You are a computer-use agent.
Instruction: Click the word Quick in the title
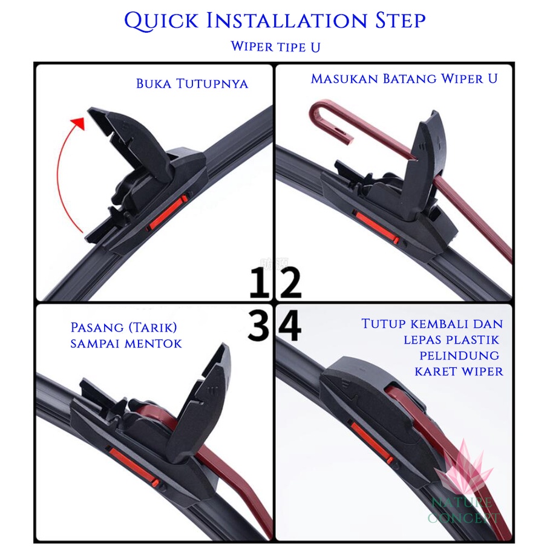pyautogui.click(x=162, y=21)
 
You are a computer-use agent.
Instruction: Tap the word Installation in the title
pyautogui.click(x=287, y=21)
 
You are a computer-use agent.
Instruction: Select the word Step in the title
pyautogui.click(x=400, y=21)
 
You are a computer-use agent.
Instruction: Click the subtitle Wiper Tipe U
pyautogui.click(x=275, y=47)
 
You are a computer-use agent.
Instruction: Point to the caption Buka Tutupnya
pyautogui.click(x=192, y=84)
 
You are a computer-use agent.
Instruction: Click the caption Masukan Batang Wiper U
pyautogui.click(x=404, y=79)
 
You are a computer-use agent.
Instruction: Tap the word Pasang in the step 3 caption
pyautogui.click(x=97, y=327)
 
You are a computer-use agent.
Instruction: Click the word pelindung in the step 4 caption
pyautogui.click(x=459, y=356)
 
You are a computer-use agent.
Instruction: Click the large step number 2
pyautogui.click(x=291, y=283)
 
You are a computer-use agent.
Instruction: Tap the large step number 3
pyautogui.click(x=258, y=325)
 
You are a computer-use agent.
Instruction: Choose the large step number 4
pyautogui.click(x=290, y=325)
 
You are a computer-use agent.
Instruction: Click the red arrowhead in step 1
pyautogui.click(x=79, y=123)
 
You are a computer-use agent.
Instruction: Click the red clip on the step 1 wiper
pyautogui.click(x=167, y=214)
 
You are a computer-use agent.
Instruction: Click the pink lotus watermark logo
pyautogui.click(x=463, y=467)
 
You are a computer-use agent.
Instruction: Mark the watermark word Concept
pyautogui.click(x=463, y=518)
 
